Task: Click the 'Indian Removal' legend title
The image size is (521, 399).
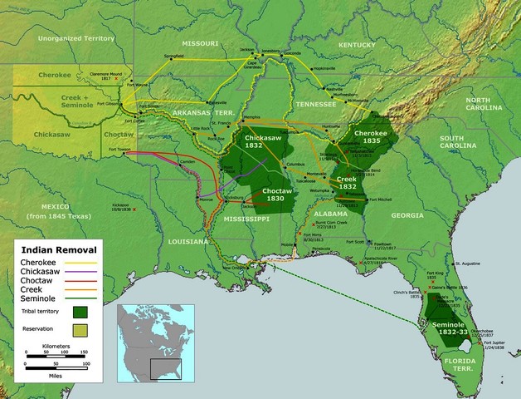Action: pos(58,249)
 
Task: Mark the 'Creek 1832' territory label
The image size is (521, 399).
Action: pos(347,182)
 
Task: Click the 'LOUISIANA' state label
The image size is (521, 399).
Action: pos(190,241)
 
